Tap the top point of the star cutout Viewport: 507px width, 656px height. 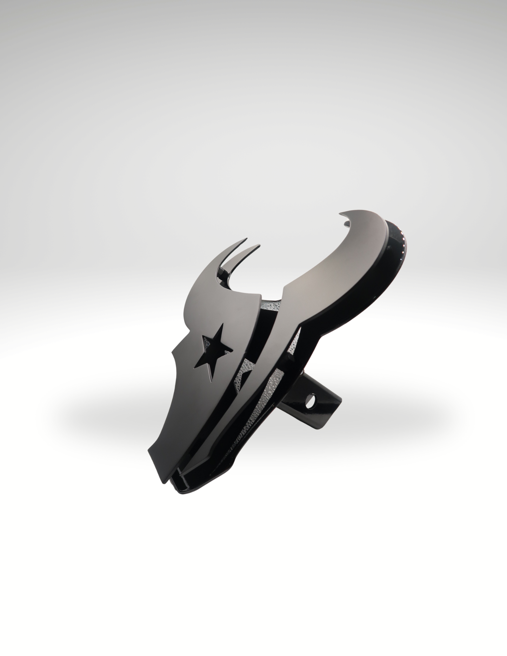click(x=221, y=325)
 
